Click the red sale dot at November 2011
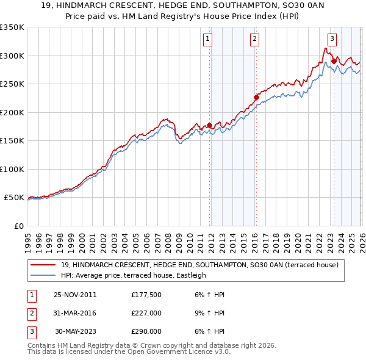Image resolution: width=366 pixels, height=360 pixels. tap(209, 125)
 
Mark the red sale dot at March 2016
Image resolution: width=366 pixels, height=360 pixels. tap(256, 97)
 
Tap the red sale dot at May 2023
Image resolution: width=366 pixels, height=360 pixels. tap(334, 61)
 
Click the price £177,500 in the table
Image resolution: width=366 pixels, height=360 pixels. tap(146, 295)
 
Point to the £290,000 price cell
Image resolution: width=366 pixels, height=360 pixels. tap(146, 331)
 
